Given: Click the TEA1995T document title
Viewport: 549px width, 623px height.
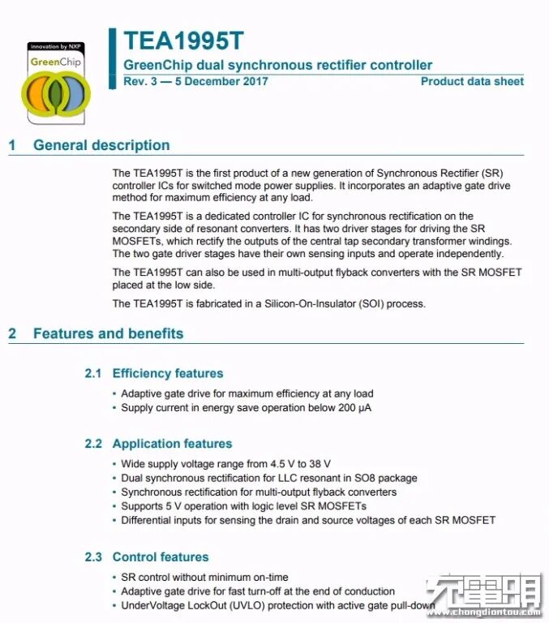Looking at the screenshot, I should (183, 41).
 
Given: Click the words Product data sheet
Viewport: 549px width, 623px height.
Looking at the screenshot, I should (472, 81).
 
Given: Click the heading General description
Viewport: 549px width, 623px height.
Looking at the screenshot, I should (101, 145).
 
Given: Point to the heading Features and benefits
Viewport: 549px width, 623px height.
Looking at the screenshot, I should (108, 333).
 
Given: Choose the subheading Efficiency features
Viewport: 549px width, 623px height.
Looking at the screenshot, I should (168, 373).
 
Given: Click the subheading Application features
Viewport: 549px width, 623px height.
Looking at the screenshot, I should (172, 444).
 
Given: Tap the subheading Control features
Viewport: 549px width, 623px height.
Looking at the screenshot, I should (161, 556).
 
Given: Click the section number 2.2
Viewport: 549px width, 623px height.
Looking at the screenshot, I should (94, 444).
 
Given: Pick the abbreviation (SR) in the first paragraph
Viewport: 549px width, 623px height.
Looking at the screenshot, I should (491, 173).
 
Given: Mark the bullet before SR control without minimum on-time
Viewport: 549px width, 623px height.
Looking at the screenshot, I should (114, 578).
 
